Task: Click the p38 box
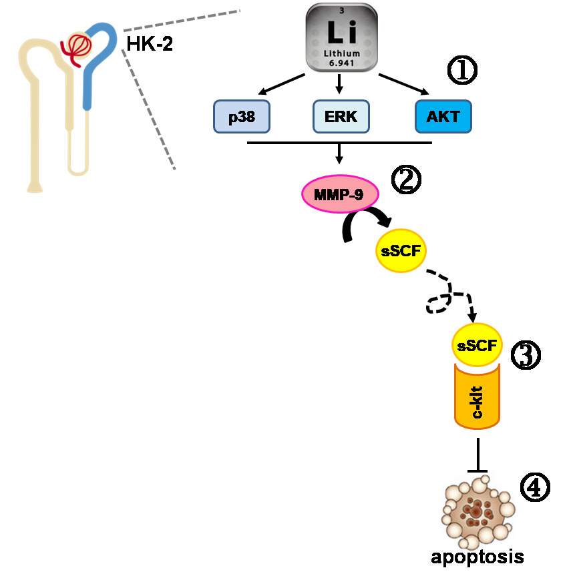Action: (x=242, y=117)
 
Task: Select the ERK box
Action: (x=341, y=117)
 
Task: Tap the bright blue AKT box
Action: (x=443, y=117)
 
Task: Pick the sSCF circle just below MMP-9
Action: (x=400, y=252)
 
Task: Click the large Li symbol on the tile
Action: (x=341, y=32)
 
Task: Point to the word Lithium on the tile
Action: (x=341, y=53)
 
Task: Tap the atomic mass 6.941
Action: (x=341, y=64)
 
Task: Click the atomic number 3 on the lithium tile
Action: (x=342, y=11)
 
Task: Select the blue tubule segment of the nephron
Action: (x=90, y=73)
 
